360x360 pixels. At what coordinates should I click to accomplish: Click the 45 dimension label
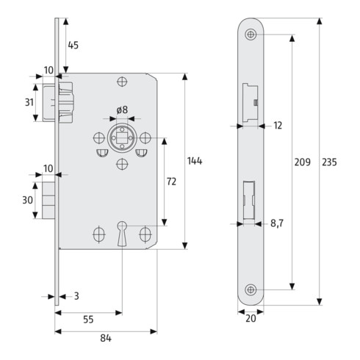point(73,46)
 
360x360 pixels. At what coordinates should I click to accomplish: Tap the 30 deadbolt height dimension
point(26,200)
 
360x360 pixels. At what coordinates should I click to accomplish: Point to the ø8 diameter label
point(122,110)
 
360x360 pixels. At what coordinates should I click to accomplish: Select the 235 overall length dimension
point(329,162)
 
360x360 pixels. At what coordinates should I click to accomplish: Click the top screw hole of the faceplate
point(251,34)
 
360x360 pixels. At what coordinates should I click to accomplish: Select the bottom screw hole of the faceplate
point(251,289)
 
